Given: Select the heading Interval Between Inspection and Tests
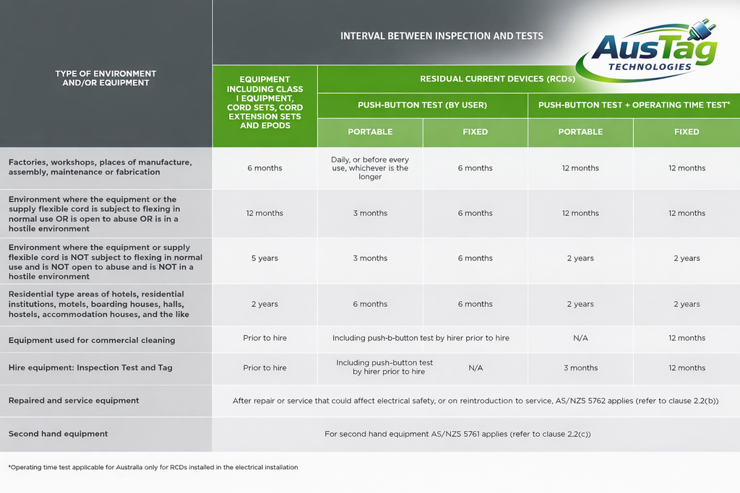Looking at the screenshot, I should [x=442, y=36].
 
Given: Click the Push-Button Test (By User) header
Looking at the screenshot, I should [x=422, y=105].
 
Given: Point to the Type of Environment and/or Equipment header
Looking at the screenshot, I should [x=106, y=78].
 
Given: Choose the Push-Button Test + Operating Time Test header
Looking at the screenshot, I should [x=634, y=105].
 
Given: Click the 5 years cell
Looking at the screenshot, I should [x=264, y=258].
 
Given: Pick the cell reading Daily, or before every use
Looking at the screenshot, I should [x=370, y=168].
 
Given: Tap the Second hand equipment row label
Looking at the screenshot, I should [x=58, y=434].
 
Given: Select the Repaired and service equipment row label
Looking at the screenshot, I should [x=74, y=400].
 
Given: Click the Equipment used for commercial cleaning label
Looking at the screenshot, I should [x=92, y=340].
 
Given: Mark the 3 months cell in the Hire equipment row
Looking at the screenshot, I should [x=580, y=368].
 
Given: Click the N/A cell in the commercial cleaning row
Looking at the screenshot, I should [x=580, y=338].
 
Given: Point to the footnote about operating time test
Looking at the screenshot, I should [x=153, y=467].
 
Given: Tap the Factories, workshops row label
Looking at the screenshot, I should [x=100, y=167].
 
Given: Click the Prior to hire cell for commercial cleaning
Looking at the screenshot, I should [x=264, y=338].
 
